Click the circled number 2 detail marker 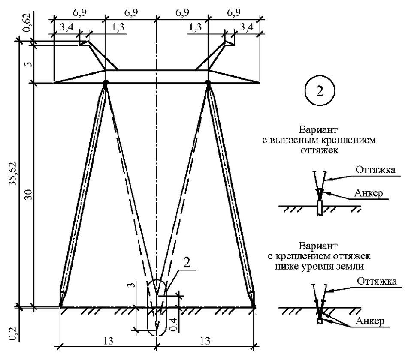[x=319, y=93]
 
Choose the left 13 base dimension [x=109, y=340]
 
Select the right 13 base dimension [x=205, y=340]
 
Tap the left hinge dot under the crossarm [x=105, y=82]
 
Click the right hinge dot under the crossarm [x=208, y=82]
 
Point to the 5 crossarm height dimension [x=28, y=64]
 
